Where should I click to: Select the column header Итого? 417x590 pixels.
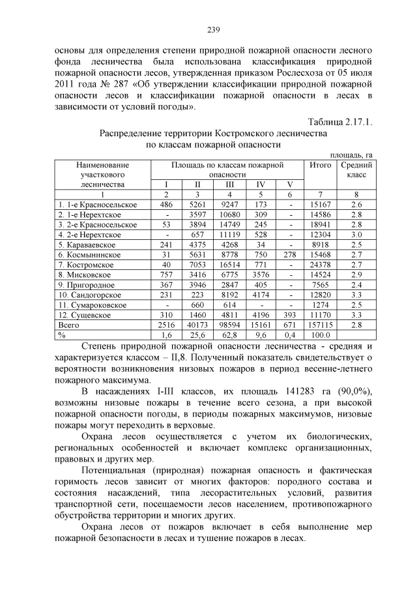320,166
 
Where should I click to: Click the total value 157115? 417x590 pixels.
320,325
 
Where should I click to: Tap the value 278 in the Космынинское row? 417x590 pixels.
289,254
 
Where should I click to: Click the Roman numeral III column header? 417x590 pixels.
229,184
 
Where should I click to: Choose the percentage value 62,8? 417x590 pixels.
229,335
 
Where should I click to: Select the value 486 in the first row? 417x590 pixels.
166,204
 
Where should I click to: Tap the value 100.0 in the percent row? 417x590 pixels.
320,335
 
